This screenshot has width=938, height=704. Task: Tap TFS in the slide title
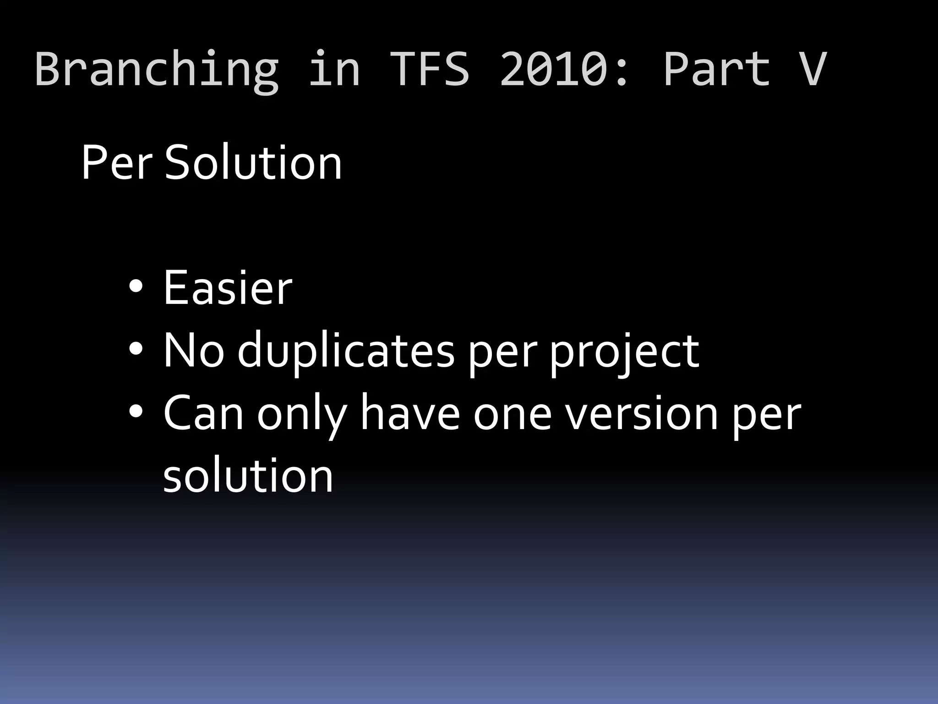(430, 69)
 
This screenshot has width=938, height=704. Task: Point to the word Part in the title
(717, 69)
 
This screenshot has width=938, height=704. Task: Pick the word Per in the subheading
(116, 163)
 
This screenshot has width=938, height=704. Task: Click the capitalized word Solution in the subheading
(253, 163)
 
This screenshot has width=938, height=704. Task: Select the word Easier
(228, 288)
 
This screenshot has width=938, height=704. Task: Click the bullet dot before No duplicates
(136, 350)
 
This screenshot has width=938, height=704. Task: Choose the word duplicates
(346, 351)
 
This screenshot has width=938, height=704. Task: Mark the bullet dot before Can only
(136, 413)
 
